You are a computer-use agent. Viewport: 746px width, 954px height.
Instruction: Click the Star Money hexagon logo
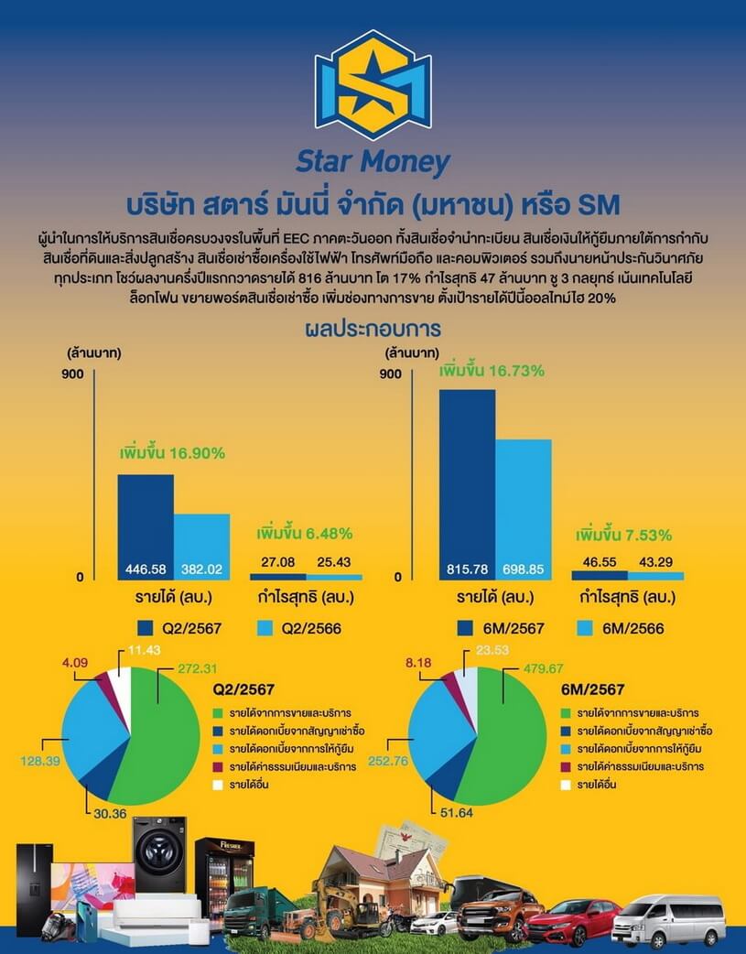[x=373, y=85]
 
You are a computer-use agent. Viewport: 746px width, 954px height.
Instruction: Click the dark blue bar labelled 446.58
[x=146, y=526]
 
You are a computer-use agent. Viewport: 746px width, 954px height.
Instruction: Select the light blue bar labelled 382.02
[x=202, y=547]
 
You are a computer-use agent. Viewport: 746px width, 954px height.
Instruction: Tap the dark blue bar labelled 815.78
[x=468, y=485]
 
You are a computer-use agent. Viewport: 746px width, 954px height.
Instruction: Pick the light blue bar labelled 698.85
[x=524, y=509]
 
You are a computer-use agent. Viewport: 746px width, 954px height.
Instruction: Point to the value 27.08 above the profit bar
[x=278, y=561]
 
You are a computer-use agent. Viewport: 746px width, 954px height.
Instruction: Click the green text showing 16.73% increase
[x=492, y=371]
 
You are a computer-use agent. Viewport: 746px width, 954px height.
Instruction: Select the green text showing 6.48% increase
[x=304, y=534]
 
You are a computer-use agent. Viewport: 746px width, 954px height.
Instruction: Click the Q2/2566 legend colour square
[x=265, y=628]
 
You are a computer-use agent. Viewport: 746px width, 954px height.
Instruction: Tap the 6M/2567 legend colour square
[x=465, y=628]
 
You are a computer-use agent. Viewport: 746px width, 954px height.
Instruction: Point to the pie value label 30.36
[x=110, y=813]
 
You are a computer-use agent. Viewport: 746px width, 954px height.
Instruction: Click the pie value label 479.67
[x=544, y=668]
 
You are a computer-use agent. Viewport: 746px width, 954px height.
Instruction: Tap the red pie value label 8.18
[x=418, y=663]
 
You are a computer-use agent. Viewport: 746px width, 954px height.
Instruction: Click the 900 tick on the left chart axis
[x=72, y=374]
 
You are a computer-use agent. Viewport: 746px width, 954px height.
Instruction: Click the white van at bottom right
[x=669, y=919]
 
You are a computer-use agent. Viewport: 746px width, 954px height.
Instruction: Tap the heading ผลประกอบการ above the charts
[x=373, y=329]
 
